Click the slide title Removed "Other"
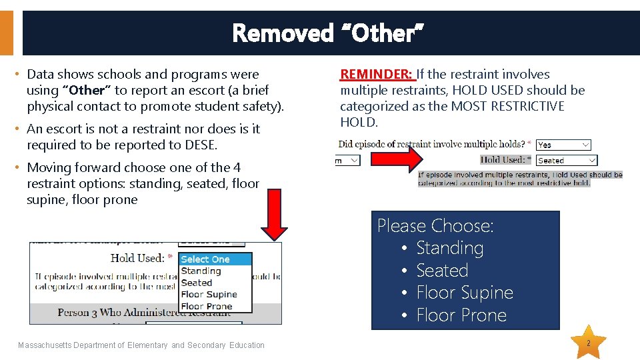tap(328, 33)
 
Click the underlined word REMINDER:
tap(377, 74)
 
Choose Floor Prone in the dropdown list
tap(206, 307)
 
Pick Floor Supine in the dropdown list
tap(209, 295)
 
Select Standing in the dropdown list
tap(201, 271)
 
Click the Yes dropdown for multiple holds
tap(563, 145)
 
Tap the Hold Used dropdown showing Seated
tap(565, 161)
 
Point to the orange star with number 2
tap(589, 343)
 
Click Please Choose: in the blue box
tap(435, 226)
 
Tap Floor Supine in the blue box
tap(464, 293)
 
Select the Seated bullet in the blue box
tap(442, 271)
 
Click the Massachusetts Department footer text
tap(141, 345)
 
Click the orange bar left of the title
tap(7, 33)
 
